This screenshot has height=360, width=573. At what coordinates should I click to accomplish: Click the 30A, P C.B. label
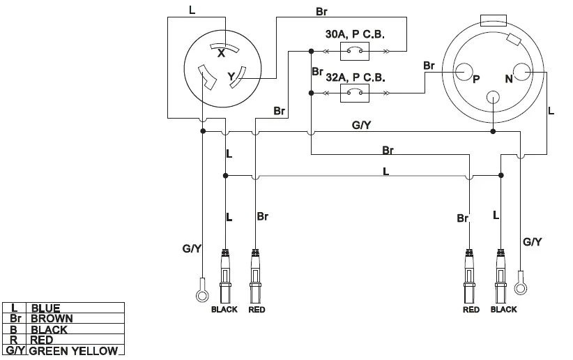tap(355, 34)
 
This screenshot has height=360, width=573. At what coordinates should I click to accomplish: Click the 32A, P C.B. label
tap(355, 77)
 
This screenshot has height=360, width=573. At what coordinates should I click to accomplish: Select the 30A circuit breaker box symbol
tap(355, 50)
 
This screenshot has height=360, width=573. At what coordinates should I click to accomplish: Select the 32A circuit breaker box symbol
tap(355, 93)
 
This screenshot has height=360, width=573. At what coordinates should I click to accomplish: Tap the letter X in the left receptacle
tap(221, 53)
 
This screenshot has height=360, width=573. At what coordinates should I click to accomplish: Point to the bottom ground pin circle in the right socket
tap(493, 98)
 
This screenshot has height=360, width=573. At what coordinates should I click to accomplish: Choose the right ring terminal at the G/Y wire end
tap(520, 287)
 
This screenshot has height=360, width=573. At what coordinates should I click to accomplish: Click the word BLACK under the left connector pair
tap(224, 310)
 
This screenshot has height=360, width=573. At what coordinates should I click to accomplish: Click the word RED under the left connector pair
tap(257, 310)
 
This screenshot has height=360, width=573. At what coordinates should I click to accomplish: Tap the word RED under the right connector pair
tap(471, 310)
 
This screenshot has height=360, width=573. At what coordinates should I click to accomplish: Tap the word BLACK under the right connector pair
tap(503, 310)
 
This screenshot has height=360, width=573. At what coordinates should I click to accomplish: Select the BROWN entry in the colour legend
tap(51, 318)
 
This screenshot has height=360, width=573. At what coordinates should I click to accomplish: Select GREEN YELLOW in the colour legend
tap(72, 351)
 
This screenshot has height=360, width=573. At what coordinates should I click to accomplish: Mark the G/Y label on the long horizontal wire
tap(361, 126)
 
